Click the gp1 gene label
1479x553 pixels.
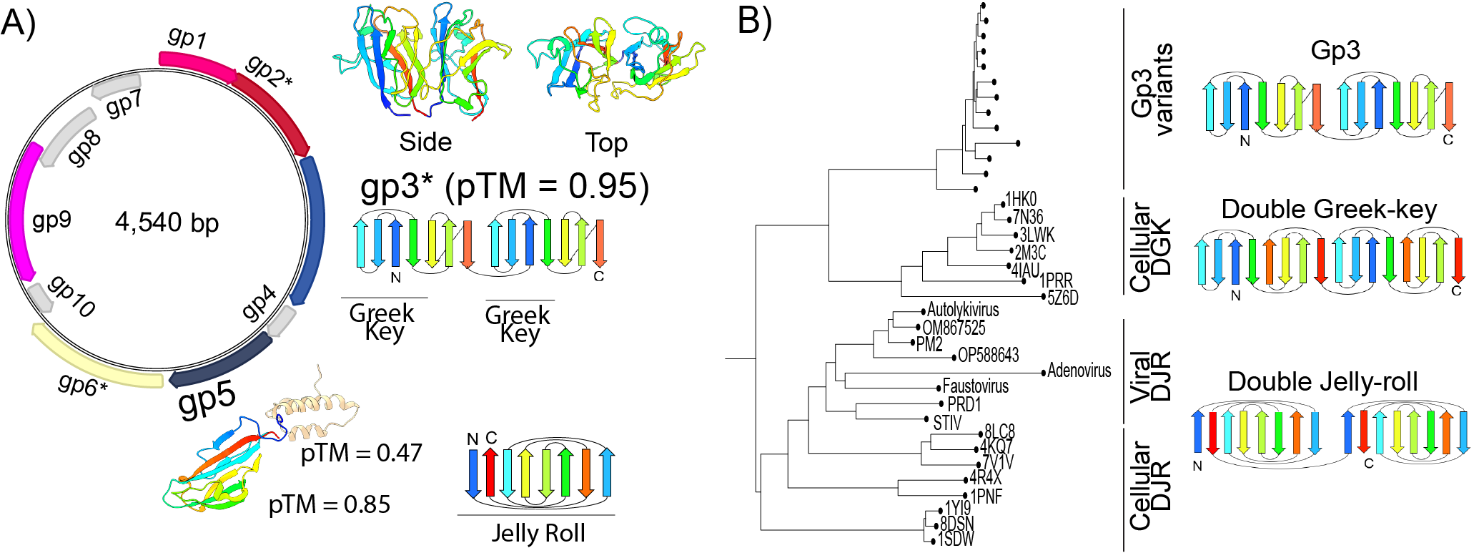187,36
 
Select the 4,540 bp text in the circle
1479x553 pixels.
167,222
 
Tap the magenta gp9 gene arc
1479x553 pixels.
23,212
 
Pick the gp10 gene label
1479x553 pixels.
71,295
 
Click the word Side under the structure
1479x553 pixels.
425,142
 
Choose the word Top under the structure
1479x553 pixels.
606,142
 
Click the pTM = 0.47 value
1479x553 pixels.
361,453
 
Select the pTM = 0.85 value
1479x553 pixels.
330,504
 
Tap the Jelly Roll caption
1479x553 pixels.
538,533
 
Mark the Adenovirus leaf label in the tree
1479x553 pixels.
1079,371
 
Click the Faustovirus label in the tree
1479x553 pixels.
975,386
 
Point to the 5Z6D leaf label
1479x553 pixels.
1062,298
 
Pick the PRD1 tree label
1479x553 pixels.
964,404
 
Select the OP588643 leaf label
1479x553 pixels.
988,355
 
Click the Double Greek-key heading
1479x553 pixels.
1328,209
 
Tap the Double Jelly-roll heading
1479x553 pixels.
1322,381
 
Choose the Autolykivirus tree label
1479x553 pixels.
962,310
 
